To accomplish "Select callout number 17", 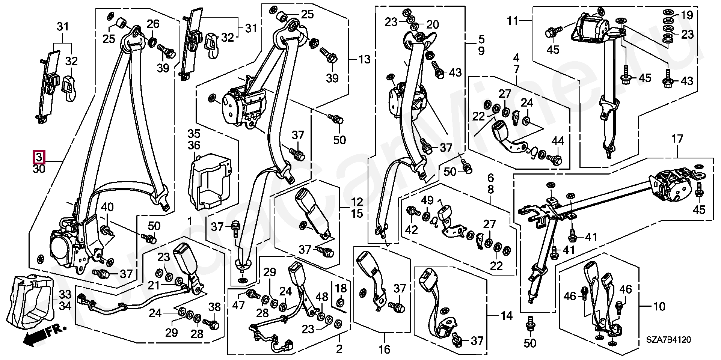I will (x=677, y=139).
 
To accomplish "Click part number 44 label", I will (x=558, y=142).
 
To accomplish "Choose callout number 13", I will (x=364, y=59).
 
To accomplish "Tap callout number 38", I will (x=214, y=307).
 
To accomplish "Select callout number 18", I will (x=341, y=288).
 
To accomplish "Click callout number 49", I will (x=427, y=200).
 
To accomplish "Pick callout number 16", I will (x=384, y=349).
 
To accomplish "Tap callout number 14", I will (x=507, y=316).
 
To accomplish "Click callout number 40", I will (x=107, y=207).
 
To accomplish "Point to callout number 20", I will (x=433, y=25).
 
